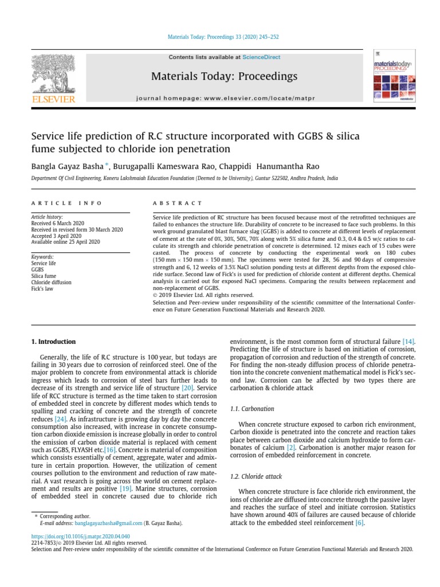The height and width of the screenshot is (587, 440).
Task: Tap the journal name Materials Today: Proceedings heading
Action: [x=224, y=76]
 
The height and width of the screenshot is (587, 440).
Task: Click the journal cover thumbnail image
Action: [x=394, y=79]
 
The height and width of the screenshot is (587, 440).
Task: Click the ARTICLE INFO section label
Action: [x=66, y=203]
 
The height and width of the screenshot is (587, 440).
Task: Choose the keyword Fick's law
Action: [x=42, y=288]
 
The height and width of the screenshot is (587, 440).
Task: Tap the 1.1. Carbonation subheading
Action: [x=252, y=409]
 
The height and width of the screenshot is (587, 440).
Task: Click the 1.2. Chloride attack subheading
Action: [x=255, y=476]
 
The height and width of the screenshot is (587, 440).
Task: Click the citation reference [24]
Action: [x=61, y=420]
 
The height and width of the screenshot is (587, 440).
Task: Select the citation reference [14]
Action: [x=408, y=342]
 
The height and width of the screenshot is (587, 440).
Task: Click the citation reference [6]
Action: [x=359, y=523]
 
